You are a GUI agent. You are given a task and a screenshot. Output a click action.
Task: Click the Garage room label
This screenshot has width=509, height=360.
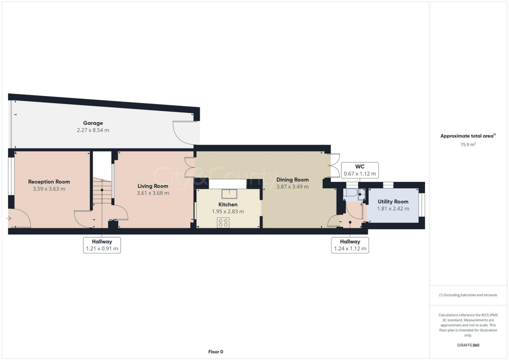[93, 123]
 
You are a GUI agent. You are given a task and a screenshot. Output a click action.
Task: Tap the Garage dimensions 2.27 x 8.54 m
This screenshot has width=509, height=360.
[93, 130]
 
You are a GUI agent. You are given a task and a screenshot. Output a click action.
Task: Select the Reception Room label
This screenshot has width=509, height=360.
[49, 181]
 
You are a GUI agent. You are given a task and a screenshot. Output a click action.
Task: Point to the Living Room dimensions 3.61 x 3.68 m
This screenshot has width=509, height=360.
[153, 193]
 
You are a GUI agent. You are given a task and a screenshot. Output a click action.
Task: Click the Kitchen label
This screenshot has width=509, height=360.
[228, 204]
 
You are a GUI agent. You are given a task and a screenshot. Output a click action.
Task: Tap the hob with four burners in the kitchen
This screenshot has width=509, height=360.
[223, 223]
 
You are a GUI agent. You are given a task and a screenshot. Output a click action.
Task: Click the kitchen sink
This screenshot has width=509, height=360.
[229, 193]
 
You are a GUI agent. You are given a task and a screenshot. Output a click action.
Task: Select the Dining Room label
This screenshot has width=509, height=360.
[292, 180]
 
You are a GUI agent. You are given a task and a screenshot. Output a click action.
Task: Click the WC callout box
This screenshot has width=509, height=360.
[360, 170]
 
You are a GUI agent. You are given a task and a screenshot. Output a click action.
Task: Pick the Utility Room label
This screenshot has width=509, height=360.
[393, 201]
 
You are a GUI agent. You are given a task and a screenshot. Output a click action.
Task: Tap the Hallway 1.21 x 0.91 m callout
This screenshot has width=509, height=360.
[102, 245]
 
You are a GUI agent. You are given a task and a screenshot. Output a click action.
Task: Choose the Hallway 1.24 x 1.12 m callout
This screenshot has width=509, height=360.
[350, 245]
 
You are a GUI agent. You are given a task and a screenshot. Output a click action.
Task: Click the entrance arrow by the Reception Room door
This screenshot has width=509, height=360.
[9, 218]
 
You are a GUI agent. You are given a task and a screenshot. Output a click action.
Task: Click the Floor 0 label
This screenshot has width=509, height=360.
[215, 352]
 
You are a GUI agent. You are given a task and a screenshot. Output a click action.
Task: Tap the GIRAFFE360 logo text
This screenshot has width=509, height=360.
[469, 345]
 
